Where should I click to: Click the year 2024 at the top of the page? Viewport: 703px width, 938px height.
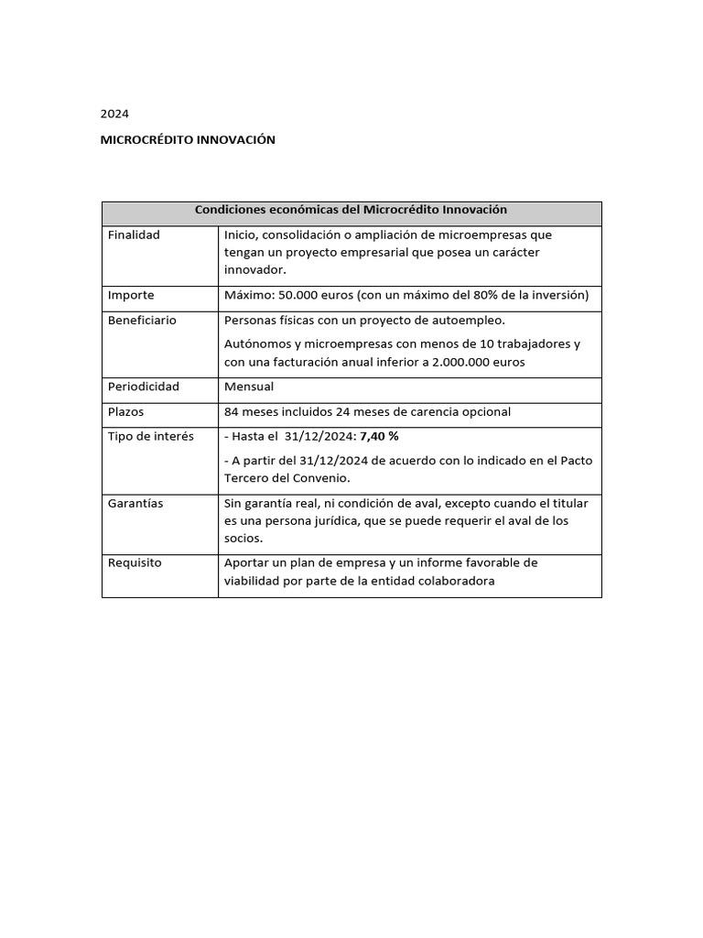tap(114, 115)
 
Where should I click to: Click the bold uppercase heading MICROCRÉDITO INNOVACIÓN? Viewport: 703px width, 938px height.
tap(188, 140)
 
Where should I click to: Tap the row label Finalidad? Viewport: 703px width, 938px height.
tap(134, 235)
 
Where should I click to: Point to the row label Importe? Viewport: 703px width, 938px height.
tap(131, 296)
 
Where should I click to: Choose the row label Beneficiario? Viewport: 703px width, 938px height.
tap(142, 321)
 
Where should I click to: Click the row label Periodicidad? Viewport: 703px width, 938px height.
tap(143, 387)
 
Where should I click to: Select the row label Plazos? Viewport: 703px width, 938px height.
tap(125, 412)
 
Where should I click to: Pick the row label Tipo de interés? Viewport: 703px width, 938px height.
tap(150, 437)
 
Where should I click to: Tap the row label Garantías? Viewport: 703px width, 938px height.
tap(135, 504)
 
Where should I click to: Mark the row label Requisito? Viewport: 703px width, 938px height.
tap(135, 563)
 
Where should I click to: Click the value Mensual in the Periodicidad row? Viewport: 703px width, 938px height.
tap(249, 387)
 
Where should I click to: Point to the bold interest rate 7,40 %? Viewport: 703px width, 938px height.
tap(380, 437)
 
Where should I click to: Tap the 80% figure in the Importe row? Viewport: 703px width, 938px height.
tap(499, 296)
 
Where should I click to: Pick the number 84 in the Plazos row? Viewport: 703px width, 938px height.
tap(232, 412)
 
